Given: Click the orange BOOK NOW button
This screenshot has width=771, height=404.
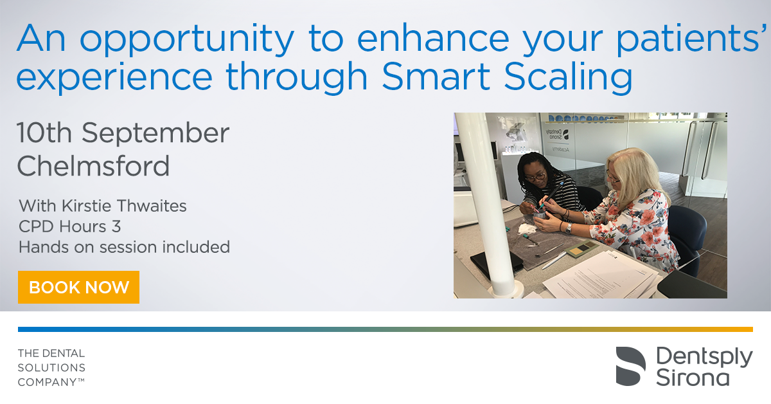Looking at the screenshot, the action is tap(78, 287).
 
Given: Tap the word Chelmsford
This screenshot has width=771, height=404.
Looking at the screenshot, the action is tap(93, 166).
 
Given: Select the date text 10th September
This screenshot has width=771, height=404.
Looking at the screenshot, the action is tap(123, 133).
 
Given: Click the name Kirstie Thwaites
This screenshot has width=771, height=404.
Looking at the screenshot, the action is tap(124, 206).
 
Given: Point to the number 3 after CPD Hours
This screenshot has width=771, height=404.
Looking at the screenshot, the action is tap(116, 226).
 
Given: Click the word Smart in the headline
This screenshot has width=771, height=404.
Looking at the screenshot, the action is tap(436, 76).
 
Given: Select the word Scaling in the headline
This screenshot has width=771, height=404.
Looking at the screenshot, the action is tap(568, 78).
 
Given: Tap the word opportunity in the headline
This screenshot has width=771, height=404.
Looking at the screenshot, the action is tap(187, 40).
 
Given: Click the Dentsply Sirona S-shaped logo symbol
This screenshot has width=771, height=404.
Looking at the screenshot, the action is tap(630, 366).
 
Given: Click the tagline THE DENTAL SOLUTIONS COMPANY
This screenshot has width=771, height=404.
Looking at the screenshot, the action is tap(51, 367).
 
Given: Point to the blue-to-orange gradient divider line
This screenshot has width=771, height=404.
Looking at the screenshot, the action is tap(385, 329).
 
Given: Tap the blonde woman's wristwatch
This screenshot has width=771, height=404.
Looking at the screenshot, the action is tap(569, 228).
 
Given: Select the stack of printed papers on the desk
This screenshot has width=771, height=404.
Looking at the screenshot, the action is tap(601, 276).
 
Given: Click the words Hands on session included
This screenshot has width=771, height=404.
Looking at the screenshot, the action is tap(124, 247).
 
